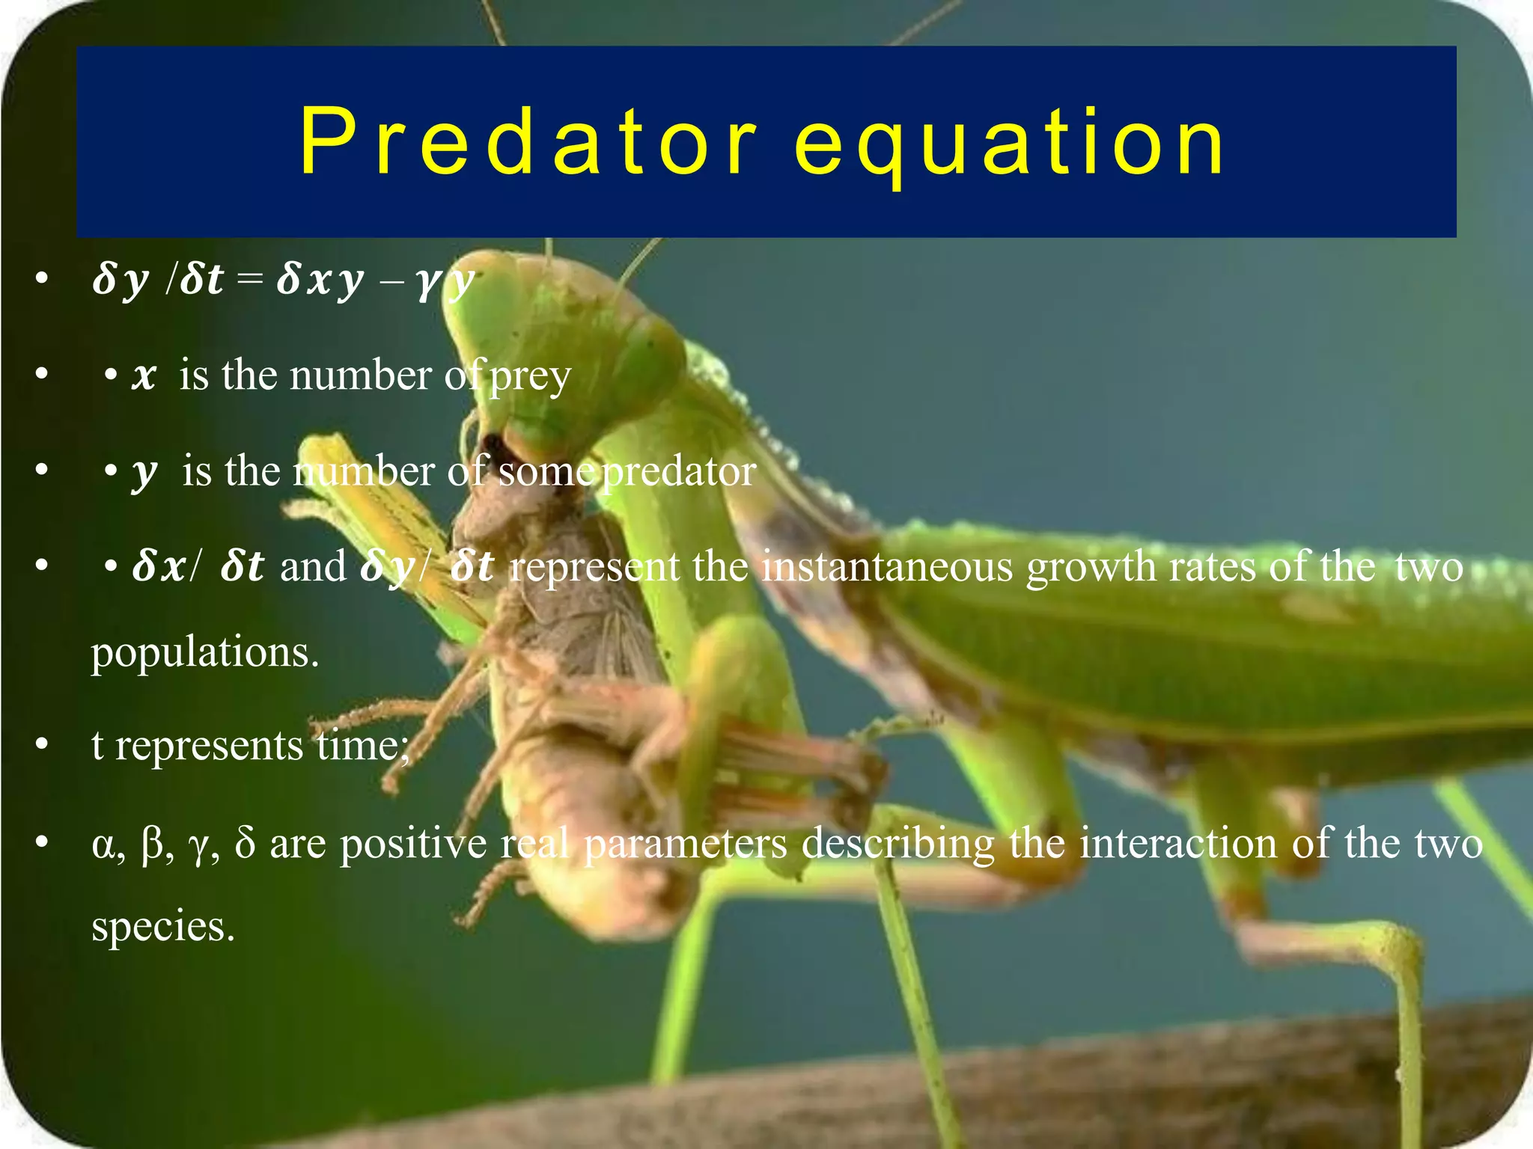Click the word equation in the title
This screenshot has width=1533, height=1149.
point(1009,144)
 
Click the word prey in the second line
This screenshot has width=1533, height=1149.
point(531,376)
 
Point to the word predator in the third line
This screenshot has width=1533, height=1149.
point(679,471)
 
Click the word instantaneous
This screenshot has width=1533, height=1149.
point(887,566)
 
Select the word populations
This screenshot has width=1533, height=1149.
point(205,652)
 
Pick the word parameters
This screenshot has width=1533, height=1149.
point(685,843)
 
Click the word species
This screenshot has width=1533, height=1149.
point(163,926)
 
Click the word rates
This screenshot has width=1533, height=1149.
point(1212,566)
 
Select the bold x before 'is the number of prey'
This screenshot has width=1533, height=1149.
point(144,376)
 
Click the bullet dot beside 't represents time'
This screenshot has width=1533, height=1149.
point(42,745)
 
